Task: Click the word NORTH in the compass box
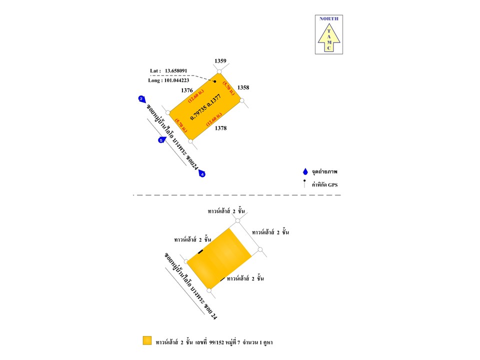(328, 19)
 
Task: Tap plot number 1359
(220, 61)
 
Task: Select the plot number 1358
(243, 87)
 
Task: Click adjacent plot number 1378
(220, 128)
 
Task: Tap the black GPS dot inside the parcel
(215, 81)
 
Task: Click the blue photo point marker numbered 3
(142, 98)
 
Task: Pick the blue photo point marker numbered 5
(161, 140)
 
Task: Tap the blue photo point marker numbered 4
(201, 174)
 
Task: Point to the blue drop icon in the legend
(305, 172)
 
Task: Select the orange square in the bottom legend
(146, 341)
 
